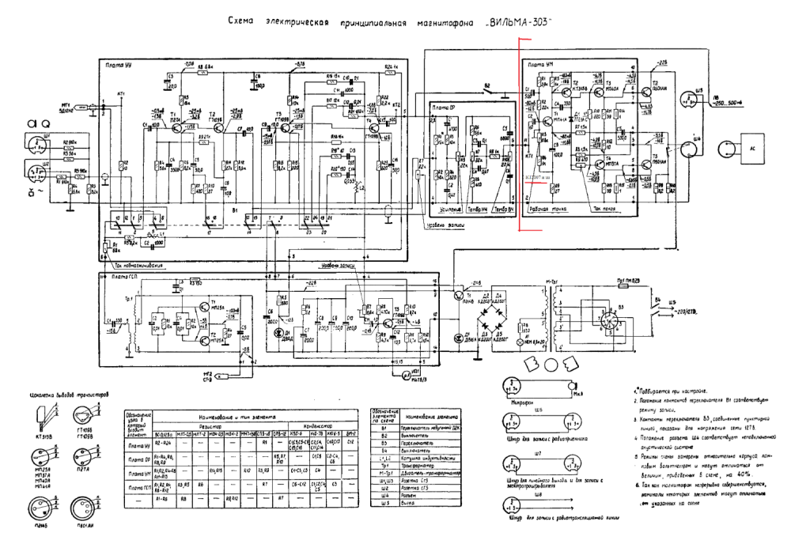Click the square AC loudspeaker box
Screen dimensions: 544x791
coord(747,148)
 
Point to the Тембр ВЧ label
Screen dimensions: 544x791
coord(498,209)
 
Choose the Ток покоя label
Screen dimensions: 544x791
coord(605,209)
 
